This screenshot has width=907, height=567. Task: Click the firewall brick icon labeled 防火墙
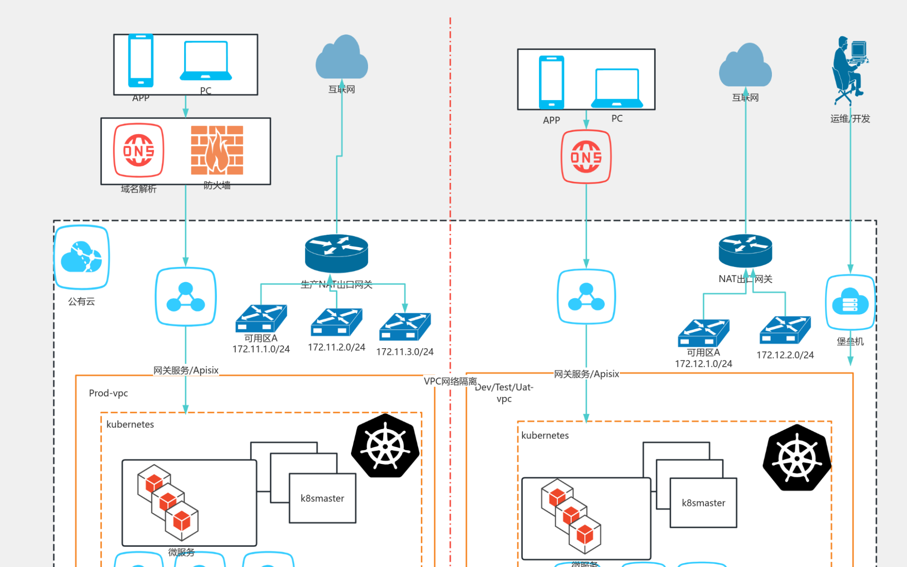tap(217, 150)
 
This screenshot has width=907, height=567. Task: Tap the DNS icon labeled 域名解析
tap(138, 150)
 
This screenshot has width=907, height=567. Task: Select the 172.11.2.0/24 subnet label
tap(336, 347)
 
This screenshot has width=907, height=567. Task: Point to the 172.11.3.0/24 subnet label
tap(405, 352)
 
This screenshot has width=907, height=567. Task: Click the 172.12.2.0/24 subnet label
tap(785, 355)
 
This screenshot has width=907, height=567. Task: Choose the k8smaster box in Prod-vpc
tap(322, 498)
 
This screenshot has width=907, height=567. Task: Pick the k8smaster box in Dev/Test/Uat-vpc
tap(703, 503)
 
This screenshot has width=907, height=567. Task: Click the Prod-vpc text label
tap(108, 393)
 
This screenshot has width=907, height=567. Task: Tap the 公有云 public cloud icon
tap(82, 258)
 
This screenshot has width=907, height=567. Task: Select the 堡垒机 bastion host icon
tap(850, 302)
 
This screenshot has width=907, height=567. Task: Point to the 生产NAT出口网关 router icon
tap(336, 253)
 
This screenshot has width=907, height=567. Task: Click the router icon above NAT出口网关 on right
tap(745, 250)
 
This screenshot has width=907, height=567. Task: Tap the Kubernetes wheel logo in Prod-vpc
tap(385, 446)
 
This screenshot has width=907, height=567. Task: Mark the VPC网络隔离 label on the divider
tap(450, 381)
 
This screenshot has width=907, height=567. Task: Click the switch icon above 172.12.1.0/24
tap(703, 333)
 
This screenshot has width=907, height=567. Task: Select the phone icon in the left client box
tap(141, 60)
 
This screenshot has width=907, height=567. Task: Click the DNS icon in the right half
tap(586, 157)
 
